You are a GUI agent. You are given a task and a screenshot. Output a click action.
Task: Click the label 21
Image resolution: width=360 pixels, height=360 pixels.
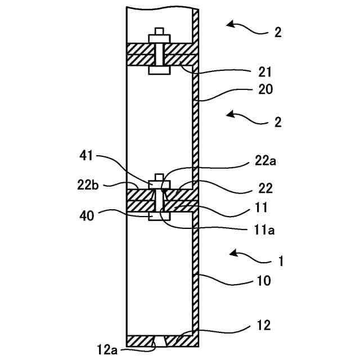(265, 71)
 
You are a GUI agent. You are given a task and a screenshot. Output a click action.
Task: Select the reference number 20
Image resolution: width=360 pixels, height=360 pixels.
(265, 88)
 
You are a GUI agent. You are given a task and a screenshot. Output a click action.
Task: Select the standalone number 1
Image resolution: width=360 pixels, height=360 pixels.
(281, 261)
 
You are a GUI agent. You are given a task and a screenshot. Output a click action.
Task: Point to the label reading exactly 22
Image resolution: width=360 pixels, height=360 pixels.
(265, 187)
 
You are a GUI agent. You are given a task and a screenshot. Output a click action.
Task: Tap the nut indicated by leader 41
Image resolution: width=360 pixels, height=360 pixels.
(158, 183)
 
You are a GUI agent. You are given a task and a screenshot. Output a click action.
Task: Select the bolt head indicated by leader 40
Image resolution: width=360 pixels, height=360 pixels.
(158, 216)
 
